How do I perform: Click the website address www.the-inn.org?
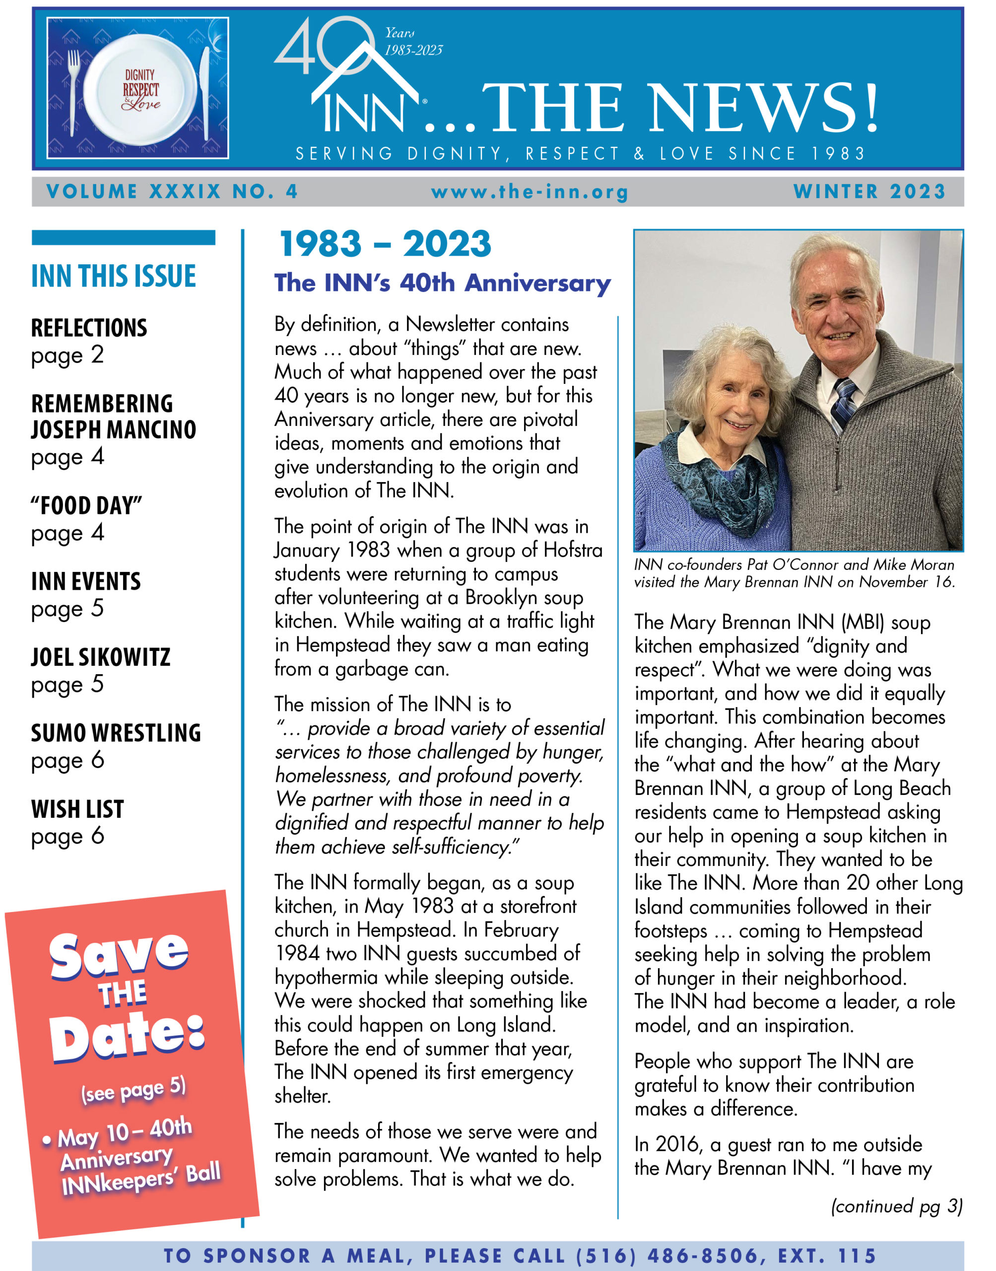(530, 192)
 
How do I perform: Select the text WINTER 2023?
(869, 191)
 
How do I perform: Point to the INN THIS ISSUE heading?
(114, 276)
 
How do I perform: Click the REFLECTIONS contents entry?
(89, 328)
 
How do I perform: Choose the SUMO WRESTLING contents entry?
(116, 733)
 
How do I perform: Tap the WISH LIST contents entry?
(77, 809)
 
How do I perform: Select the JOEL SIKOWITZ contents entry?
(100, 657)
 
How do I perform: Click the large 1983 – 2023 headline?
(385, 244)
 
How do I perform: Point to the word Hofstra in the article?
(573, 550)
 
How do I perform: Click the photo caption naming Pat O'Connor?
(794, 573)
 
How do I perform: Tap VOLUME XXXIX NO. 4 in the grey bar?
(172, 191)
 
